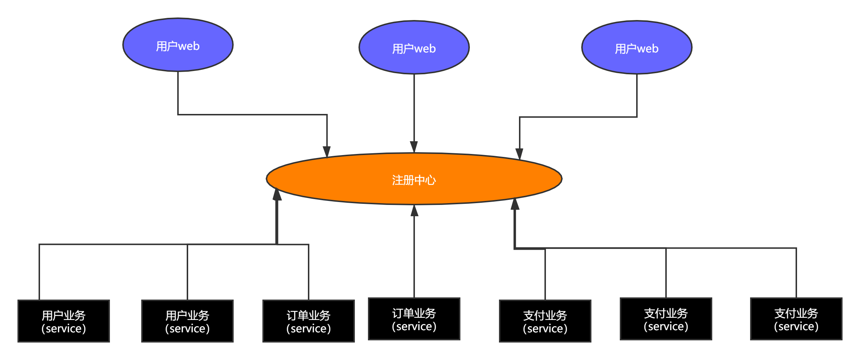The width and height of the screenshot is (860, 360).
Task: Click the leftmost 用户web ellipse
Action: [178, 45]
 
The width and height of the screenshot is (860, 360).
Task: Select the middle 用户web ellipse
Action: [414, 47]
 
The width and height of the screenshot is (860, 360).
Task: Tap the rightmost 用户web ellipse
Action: [637, 47]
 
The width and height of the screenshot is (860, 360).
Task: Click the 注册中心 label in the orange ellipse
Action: [414, 180]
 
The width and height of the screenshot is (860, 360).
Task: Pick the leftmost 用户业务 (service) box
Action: [64, 321]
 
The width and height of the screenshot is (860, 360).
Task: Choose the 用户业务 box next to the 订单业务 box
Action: [187, 321]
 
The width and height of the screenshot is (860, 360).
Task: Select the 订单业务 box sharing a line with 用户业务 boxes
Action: [309, 321]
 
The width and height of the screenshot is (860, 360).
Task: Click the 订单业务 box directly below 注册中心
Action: [414, 319]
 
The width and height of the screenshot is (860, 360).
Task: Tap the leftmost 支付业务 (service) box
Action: [545, 321]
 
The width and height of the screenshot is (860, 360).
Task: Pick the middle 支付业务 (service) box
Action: [666, 319]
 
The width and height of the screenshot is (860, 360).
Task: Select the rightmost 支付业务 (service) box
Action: [796, 319]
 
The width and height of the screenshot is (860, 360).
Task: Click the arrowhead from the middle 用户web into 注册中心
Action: [414, 147]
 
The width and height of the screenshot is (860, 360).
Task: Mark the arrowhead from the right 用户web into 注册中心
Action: [519, 154]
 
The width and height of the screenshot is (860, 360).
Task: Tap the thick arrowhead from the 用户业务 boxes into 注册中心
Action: [277, 195]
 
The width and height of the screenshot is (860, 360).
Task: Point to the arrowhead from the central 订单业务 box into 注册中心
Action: [414, 211]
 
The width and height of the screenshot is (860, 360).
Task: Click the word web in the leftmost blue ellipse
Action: [189, 46]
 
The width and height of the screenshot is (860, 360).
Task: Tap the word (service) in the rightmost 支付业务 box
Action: [796, 326]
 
